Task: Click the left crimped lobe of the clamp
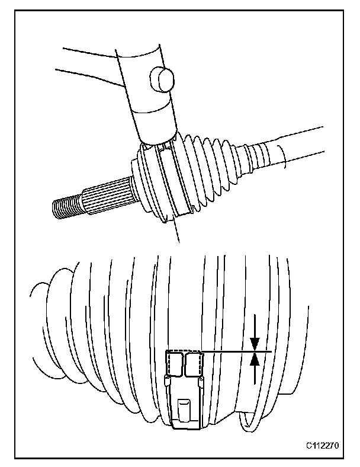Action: pyautogui.click(x=174, y=363)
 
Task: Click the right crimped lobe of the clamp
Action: pyautogui.click(x=194, y=363)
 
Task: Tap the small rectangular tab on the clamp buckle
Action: pyautogui.click(x=185, y=409)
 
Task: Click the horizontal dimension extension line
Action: pyautogui.click(x=237, y=352)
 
